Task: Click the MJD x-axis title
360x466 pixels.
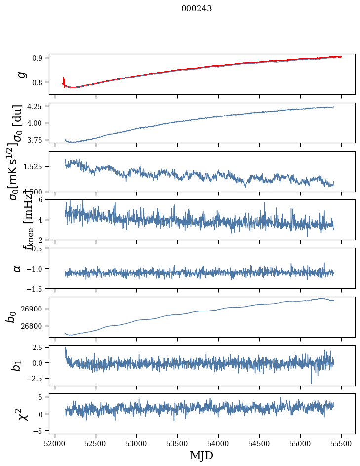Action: [201, 456]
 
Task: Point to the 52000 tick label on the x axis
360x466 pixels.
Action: [55, 444]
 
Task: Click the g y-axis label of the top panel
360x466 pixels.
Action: [21, 75]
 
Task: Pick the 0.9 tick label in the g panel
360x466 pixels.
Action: [39, 58]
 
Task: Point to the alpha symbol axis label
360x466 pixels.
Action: [17, 268]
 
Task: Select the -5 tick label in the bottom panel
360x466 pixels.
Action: [39, 431]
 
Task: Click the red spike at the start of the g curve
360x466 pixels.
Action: [64, 80]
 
